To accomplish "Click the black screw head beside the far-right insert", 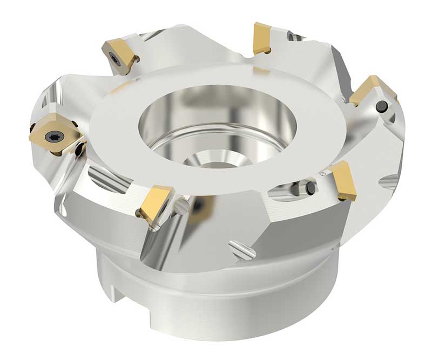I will pyautogui.click(x=382, y=105).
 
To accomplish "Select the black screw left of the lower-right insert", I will pyautogui.click(x=310, y=188).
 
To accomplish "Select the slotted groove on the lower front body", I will pyautogui.click(x=241, y=249).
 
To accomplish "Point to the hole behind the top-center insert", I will pyautogui.click(x=292, y=37).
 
